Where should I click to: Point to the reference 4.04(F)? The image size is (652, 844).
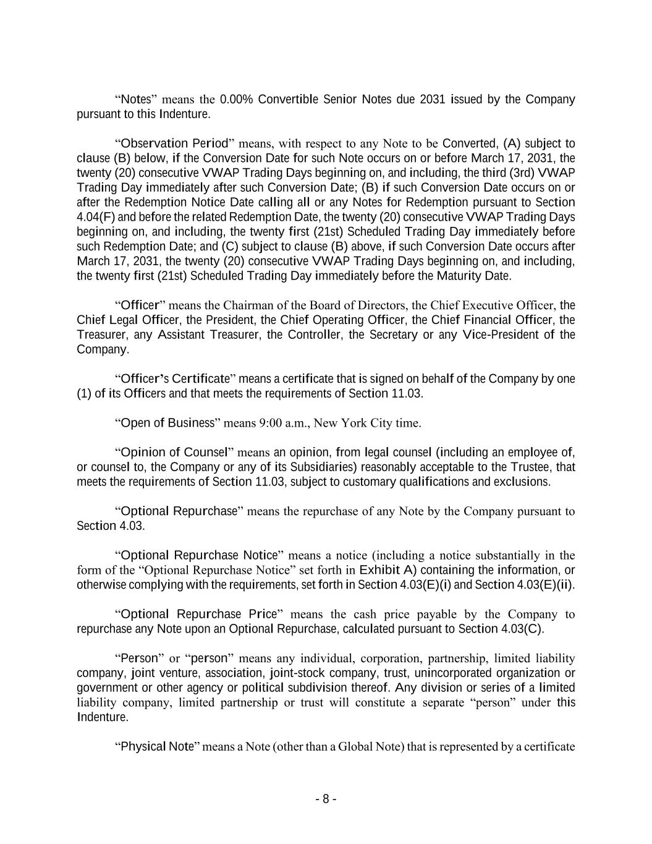click(x=96, y=217)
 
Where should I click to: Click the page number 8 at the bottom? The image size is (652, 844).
click(x=326, y=799)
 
